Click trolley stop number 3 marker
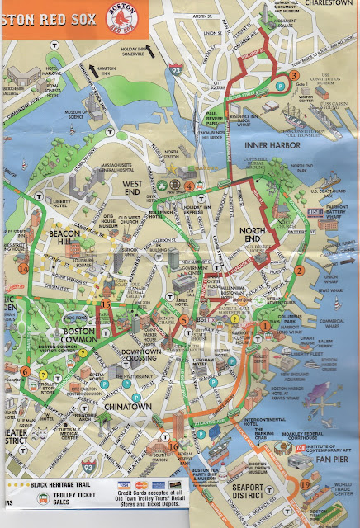[x=294, y=76]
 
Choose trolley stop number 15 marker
[x=105, y=304]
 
